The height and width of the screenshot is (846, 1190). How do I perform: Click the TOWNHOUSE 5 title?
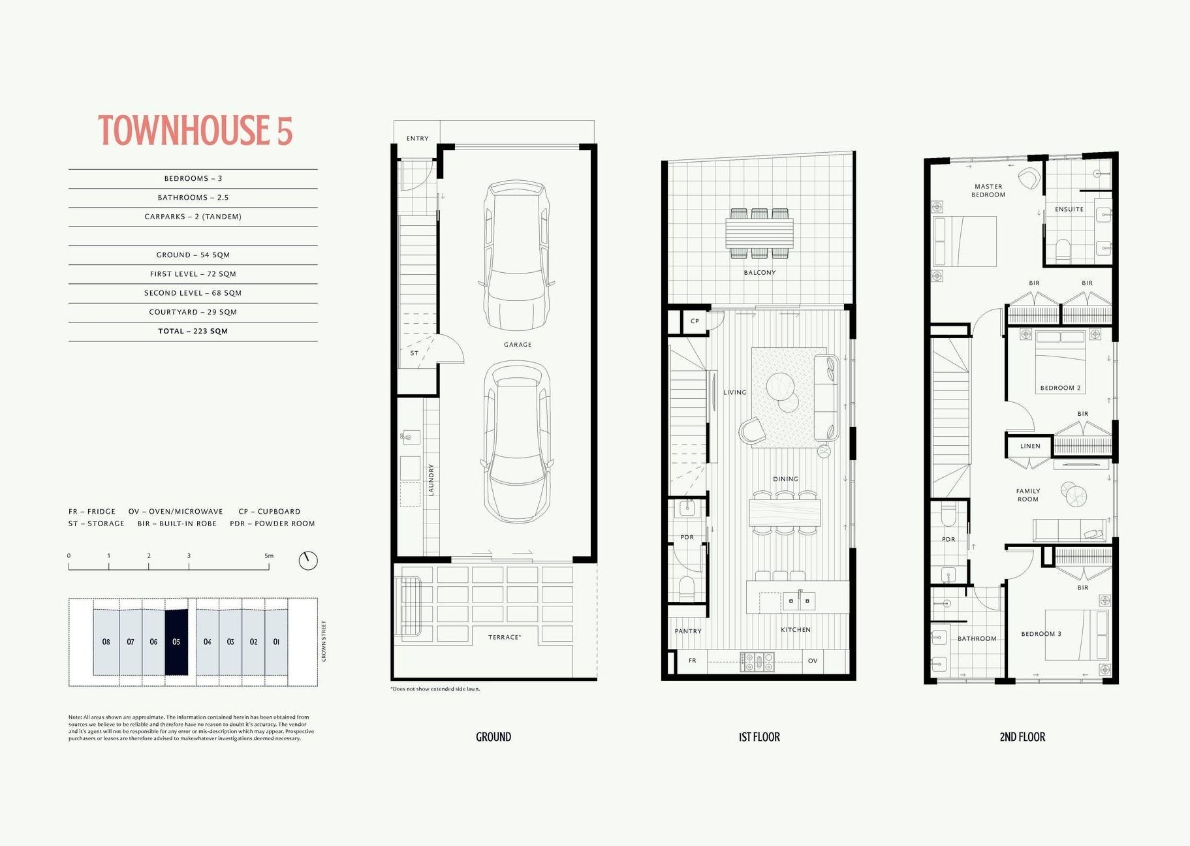(195, 130)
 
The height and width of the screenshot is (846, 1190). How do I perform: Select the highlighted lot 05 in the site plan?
(176, 642)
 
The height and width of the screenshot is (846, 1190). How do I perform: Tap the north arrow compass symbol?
(308, 560)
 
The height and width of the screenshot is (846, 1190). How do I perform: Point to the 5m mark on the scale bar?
(269, 556)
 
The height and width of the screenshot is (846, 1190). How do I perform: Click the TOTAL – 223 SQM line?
(193, 331)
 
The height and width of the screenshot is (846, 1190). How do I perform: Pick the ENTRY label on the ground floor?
(418, 138)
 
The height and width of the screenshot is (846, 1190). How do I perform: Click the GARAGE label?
(518, 345)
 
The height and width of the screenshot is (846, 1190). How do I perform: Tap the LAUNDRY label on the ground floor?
(431, 480)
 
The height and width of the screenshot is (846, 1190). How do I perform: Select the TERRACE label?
(505, 637)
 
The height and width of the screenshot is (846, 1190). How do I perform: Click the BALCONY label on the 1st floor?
(760, 272)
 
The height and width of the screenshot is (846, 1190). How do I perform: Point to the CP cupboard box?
(695, 321)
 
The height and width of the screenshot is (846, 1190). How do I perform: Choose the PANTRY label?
(688, 631)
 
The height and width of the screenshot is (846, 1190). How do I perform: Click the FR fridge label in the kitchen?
(693, 661)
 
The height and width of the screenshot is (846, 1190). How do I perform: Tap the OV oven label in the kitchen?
(813, 661)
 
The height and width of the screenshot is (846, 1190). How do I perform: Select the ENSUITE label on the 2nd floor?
(1069, 209)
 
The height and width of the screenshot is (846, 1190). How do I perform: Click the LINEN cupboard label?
(1030, 446)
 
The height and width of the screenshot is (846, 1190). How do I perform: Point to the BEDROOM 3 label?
(1041, 634)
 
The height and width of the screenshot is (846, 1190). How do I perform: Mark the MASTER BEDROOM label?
(988, 191)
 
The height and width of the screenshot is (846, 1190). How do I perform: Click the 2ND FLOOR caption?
(1022, 737)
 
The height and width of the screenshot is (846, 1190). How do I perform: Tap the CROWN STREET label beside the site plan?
(324, 641)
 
